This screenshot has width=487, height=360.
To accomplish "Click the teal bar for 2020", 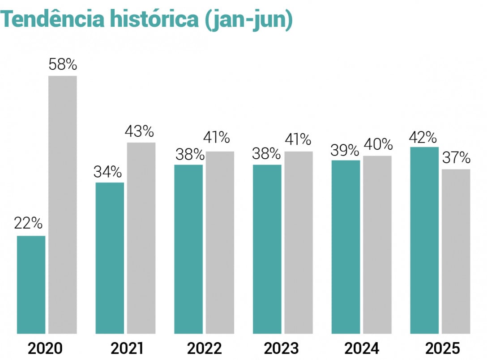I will click(x=31, y=284).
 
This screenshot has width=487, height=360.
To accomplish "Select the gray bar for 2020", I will click(x=63, y=204).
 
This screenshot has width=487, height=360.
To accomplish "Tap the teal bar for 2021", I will click(x=110, y=258).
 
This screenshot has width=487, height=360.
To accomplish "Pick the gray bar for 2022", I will click(x=220, y=242).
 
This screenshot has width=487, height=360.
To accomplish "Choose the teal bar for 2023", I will click(x=267, y=249).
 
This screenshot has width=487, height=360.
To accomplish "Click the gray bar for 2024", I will click(x=377, y=245).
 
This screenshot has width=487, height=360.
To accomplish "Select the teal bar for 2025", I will click(x=424, y=240).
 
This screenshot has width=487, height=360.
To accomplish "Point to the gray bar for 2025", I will click(x=456, y=251).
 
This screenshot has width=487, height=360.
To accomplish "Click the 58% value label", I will click(x=63, y=65).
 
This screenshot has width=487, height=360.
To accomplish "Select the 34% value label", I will click(x=107, y=171).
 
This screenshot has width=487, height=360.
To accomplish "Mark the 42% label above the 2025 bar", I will click(x=423, y=137).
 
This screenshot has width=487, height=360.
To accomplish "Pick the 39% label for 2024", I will click(x=345, y=150).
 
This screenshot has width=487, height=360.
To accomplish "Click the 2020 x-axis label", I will click(x=45, y=348).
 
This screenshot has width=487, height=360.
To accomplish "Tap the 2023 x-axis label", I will click(x=281, y=348).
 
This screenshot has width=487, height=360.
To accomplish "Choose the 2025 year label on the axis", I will click(x=442, y=348).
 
